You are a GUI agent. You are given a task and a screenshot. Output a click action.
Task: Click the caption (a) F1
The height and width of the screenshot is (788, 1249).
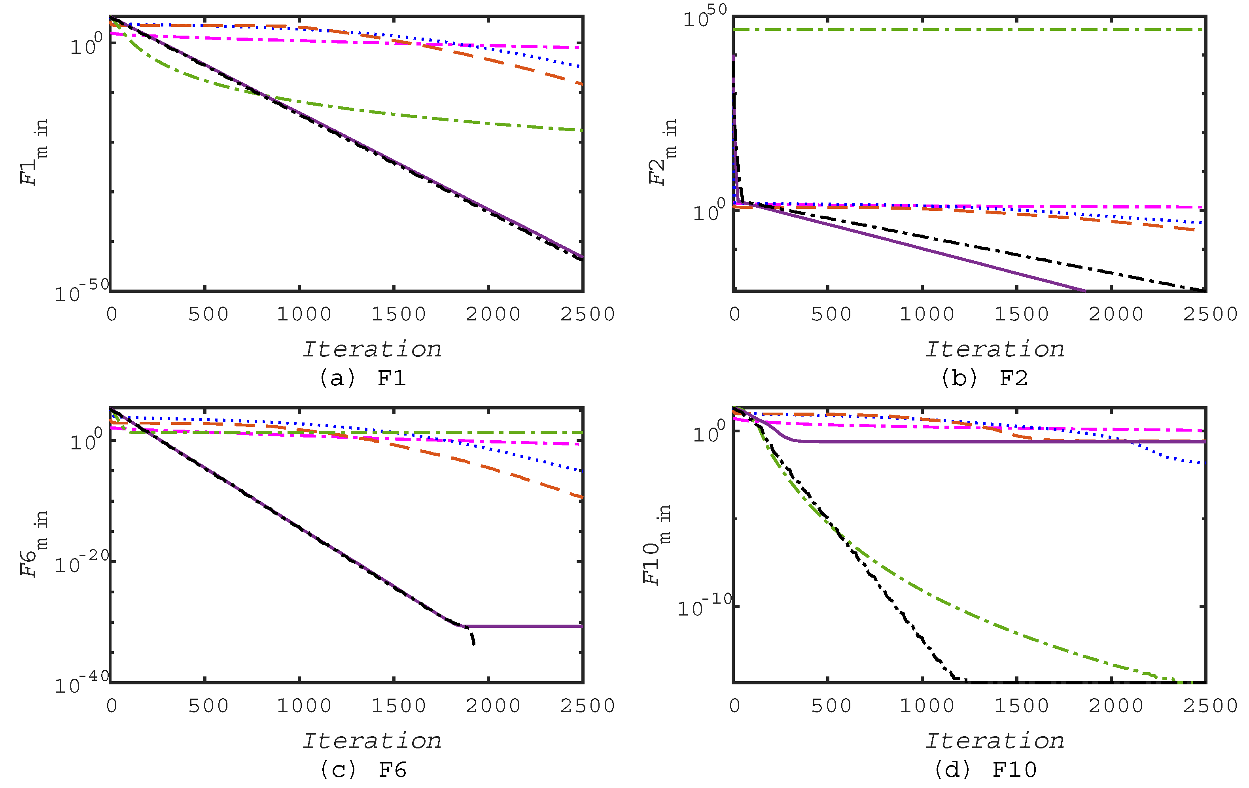362,378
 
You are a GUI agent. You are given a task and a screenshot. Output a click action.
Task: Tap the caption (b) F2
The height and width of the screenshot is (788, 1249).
984,378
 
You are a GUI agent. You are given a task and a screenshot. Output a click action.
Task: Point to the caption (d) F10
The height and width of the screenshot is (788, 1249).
985,769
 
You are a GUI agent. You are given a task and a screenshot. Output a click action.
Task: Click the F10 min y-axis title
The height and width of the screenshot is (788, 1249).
657,545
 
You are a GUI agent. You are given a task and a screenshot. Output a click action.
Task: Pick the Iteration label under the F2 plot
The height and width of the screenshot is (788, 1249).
994,350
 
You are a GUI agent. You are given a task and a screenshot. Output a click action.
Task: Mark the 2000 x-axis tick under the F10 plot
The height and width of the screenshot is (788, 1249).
1116,705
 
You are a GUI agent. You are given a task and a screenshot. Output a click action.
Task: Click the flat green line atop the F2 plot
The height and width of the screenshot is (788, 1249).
970,30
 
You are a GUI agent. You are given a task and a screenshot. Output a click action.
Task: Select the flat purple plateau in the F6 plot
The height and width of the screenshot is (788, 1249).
524,626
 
